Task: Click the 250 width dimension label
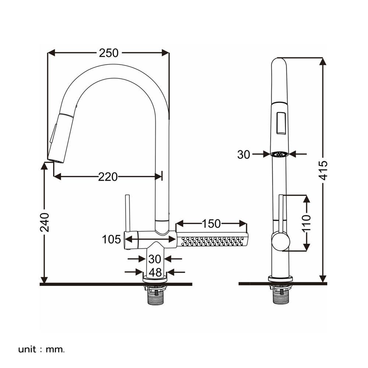(109, 53)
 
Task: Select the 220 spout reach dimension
(108, 177)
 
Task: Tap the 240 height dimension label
(45, 222)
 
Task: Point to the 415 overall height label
(323, 170)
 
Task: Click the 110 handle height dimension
(307, 222)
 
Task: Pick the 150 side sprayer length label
(211, 223)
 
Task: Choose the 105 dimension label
(112, 240)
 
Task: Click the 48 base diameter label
(155, 272)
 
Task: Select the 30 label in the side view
(244, 155)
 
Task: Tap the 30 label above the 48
(155, 259)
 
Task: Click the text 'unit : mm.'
(41, 349)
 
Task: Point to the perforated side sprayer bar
(212, 240)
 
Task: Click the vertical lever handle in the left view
(127, 213)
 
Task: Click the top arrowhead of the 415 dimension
(323, 61)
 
